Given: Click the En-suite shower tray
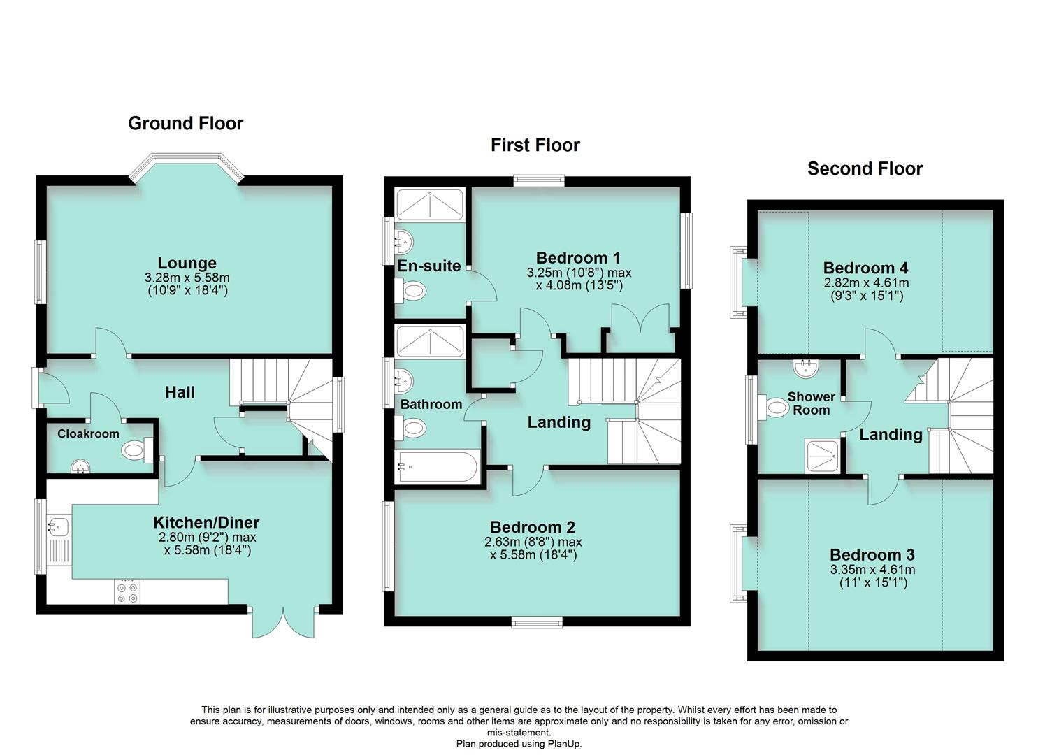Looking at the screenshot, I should pyautogui.click(x=430, y=204).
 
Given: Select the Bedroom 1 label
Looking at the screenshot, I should pyautogui.click(x=577, y=257).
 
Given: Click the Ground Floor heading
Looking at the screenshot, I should pyautogui.click(x=185, y=124).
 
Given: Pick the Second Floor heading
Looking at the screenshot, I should pyautogui.click(x=865, y=169).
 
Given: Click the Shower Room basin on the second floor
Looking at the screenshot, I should pyautogui.click(x=806, y=366).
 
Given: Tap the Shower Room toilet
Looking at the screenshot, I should pyautogui.click(x=776, y=406).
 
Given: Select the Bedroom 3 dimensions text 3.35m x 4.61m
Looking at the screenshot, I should pyautogui.click(x=872, y=570).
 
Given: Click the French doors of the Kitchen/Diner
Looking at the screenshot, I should pyautogui.click(x=283, y=621).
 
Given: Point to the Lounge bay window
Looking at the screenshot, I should pyautogui.click(x=187, y=166).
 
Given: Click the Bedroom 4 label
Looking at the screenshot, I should pyautogui.click(x=865, y=268).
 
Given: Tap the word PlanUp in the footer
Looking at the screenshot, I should pyautogui.click(x=565, y=744).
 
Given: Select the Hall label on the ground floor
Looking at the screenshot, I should pyautogui.click(x=180, y=392).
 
